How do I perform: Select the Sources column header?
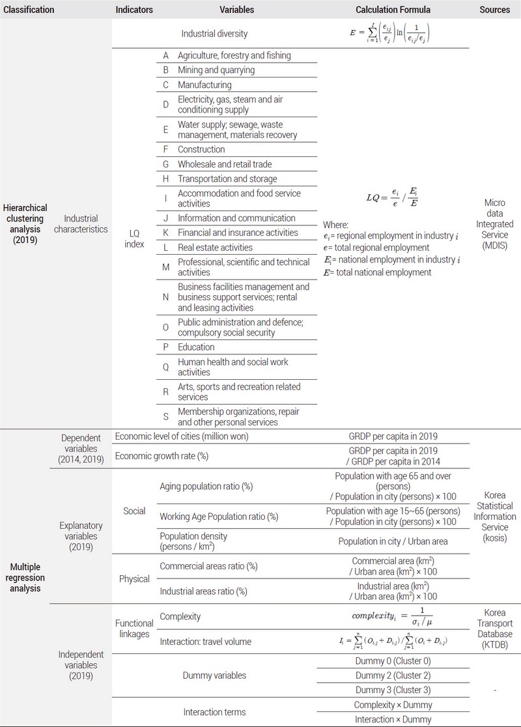(x=494, y=10)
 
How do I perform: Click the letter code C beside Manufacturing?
(x=165, y=85)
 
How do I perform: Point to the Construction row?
(x=201, y=149)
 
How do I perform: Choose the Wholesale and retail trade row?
(x=225, y=164)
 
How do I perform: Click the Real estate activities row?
(x=215, y=248)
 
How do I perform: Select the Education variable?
(x=196, y=347)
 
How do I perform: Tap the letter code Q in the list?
(x=165, y=367)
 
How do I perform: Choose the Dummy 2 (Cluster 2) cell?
(x=393, y=676)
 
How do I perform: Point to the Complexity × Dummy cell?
(x=393, y=705)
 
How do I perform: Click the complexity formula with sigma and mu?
(x=393, y=616)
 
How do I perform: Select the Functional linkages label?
(x=134, y=629)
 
